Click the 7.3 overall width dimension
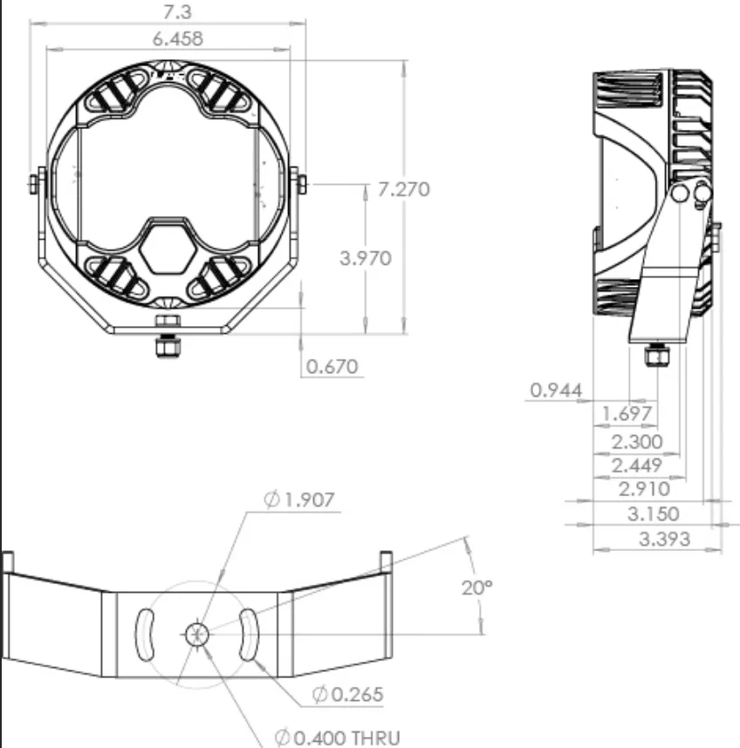[x=177, y=12]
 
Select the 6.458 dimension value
[x=178, y=38]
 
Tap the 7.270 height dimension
[x=403, y=189]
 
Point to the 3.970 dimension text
[x=366, y=258]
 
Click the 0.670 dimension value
[x=332, y=366]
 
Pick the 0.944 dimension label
[x=556, y=391]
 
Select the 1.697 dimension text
[x=626, y=413]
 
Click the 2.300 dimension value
[x=637, y=442]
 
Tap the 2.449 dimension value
[x=636, y=466]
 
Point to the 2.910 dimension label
[x=644, y=489]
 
